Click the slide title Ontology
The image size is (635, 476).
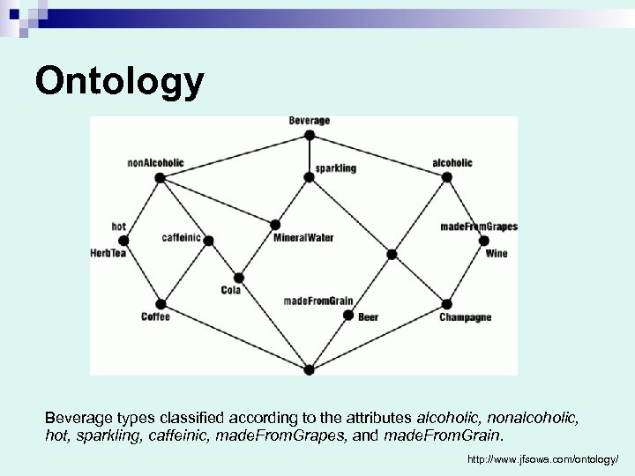pos(120,82)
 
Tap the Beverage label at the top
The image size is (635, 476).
pos(309,120)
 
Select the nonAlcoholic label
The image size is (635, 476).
pos(156,162)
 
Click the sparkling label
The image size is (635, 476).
pos(335,167)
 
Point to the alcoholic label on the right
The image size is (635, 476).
pos(452,162)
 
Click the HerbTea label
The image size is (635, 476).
pos(109,253)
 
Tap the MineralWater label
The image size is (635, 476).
pos(303,238)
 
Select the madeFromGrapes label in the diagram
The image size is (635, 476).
pos(479,227)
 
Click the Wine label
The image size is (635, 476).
pos(497,254)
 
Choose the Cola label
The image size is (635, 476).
pos(230,290)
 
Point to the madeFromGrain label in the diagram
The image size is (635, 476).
pos(317,301)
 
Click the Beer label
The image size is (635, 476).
pos(368,316)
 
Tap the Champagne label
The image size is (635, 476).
pos(465,317)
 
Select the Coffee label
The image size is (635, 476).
pos(155,316)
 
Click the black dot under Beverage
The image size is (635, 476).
pos(309,135)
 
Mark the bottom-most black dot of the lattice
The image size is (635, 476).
pos(309,370)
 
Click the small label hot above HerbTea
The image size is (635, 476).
pos(119,227)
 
